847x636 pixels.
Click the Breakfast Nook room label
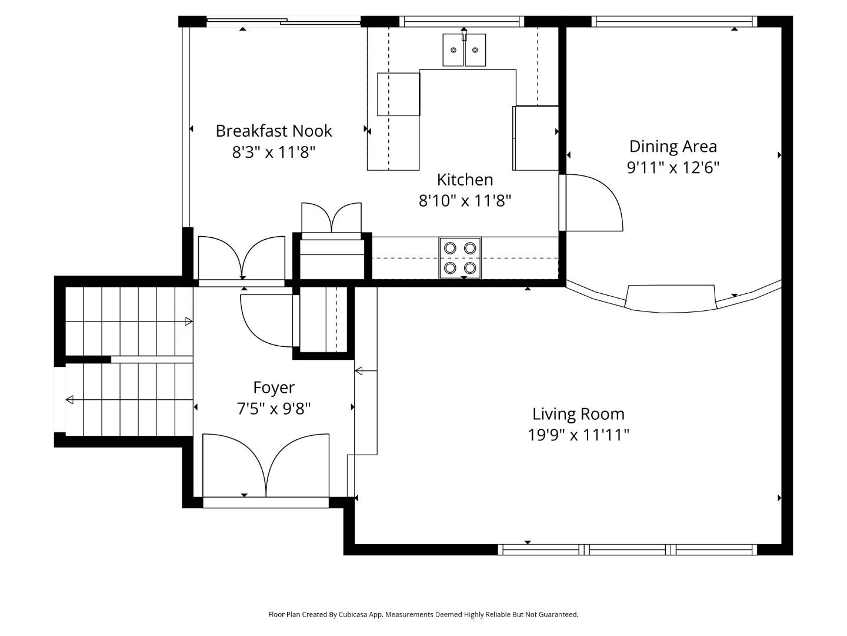pyautogui.click(x=274, y=131)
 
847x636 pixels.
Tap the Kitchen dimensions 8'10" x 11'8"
pyautogui.click(x=465, y=201)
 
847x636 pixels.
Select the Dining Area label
pyautogui.click(x=673, y=146)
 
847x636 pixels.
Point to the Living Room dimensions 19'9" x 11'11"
pyautogui.click(x=578, y=435)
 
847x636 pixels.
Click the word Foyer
pyautogui.click(x=274, y=387)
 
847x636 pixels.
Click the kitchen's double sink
pyautogui.click(x=464, y=50)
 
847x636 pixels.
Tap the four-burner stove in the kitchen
pyautogui.click(x=460, y=258)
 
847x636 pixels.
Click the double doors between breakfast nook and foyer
pyautogui.click(x=242, y=259)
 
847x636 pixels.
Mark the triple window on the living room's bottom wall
pyautogui.click(x=627, y=549)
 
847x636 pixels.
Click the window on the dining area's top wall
pyautogui.click(x=674, y=22)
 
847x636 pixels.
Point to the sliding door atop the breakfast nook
pyautogui.click(x=283, y=22)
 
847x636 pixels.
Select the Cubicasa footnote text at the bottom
pyautogui.click(x=423, y=614)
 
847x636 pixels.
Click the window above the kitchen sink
pyautogui.click(x=462, y=22)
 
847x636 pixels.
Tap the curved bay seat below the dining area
pyautogui.click(x=671, y=299)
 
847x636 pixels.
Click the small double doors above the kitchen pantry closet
pyautogui.click(x=332, y=218)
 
